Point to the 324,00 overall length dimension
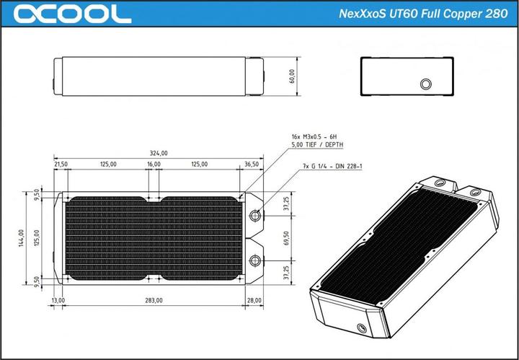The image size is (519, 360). click(159, 153)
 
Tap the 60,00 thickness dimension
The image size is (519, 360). click(292, 76)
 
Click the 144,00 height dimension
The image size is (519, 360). click(22, 237)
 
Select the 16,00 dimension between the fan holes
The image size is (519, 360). click(154, 164)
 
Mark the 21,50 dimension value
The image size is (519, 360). click(61, 164)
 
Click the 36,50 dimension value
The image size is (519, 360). click(252, 164)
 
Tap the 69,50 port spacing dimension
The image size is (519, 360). click(286, 237)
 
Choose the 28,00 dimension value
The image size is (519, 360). click(254, 299)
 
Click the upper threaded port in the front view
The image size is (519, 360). click(256, 216)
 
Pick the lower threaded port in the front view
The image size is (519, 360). click(256, 260)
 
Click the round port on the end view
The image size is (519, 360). click(425, 84)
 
